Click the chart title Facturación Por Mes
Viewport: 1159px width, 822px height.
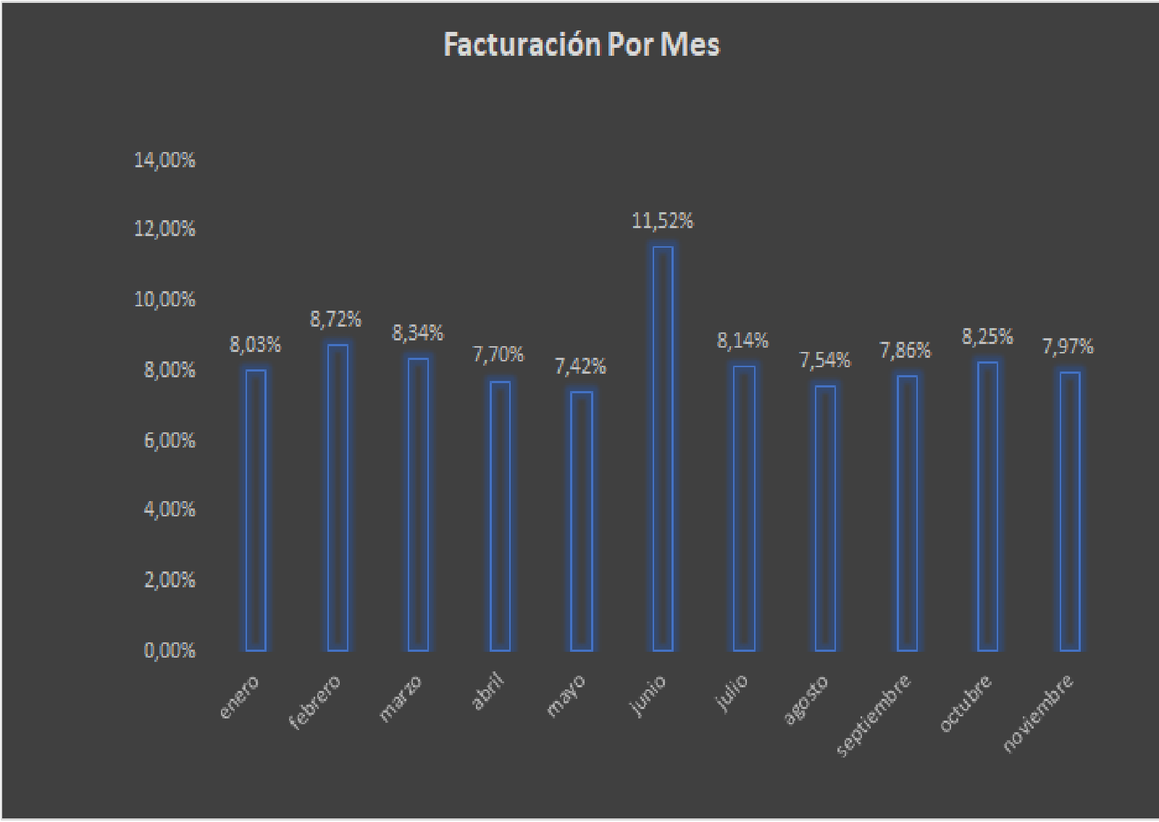pyautogui.click(x=582, y=45)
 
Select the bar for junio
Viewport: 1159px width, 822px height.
pyautogui.click(x=663, y=449)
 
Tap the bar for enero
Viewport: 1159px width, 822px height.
pyautogui.click(x=256, y=510)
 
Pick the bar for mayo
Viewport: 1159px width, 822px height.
pyautogui.click(x=582, y=521)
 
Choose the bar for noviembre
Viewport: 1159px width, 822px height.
pyautogui.click(x=1070, y=511)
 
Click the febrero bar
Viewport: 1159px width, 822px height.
pyautogui.click(x=338, y=498)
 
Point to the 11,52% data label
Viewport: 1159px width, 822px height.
pyautogui.click(x=663, y=221)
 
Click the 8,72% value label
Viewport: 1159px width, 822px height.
pyautogui.click(x=336, y=319)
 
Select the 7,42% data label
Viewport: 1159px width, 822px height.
pyautogui.click(x=580, y=366)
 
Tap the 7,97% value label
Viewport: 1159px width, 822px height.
pyautogui.click(x=1068, y=347)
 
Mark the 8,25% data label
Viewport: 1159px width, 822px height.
pyautogui.click(x=987, y=337)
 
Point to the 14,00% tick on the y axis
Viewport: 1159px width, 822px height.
pyautogui.click(x=164, y=160)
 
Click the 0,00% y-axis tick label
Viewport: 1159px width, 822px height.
pyautogui.click(x=170, y=650)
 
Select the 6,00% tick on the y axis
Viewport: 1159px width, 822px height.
pyautogui.click(x=170, y=440)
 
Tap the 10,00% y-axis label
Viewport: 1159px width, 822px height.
pyautogui.click(x=164, y=299)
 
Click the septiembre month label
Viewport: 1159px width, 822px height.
pyautogui.click(x=874, y=715)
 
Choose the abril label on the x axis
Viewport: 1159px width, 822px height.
pyautogui.click(x=488, y=691)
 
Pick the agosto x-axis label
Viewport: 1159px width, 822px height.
pyautogui.click(x=806, y=700)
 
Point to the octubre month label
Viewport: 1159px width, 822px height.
pyautogui.click(x=966, y=703)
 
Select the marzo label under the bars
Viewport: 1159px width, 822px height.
pyautogui.click(x=401, y=698)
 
